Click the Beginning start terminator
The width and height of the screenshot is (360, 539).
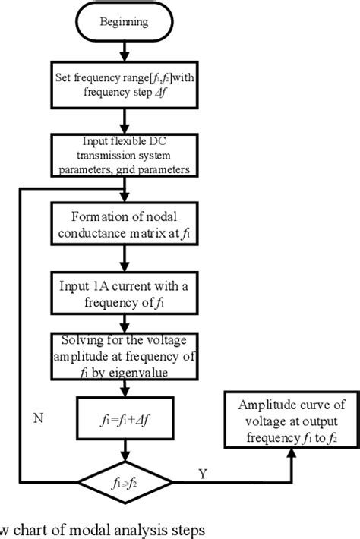coord(125,22)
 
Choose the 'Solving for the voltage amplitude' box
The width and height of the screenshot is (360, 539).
coord(125,355)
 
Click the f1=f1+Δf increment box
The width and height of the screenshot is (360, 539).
coord(125,417)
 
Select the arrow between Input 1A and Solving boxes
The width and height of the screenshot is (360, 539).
coord(125,322)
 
